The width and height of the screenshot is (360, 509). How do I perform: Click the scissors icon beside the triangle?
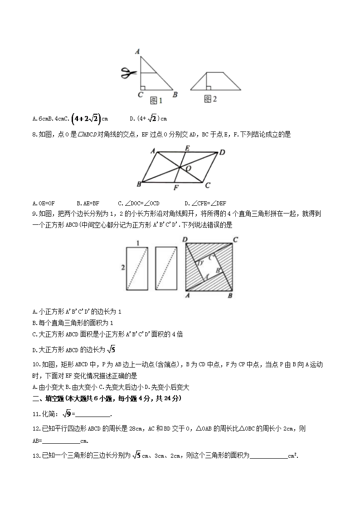point(129,73)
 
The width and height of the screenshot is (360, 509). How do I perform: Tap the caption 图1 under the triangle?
point(156,99)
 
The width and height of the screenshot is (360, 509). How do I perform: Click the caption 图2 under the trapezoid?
point(210,98)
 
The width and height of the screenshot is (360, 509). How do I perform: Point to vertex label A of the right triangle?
point(136,52)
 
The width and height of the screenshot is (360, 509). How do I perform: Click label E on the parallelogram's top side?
point(187,148)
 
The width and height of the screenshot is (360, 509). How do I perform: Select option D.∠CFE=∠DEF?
point(205,203)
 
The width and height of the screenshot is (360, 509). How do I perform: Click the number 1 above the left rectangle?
point(138,243)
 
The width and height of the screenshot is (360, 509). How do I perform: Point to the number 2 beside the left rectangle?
point(123,268)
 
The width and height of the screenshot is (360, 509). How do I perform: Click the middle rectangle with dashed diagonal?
point(165,268)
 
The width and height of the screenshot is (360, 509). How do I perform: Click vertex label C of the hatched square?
point(235,240)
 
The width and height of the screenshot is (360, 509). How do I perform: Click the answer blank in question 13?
point(268,456)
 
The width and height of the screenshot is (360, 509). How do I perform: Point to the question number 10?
point(37,364)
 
